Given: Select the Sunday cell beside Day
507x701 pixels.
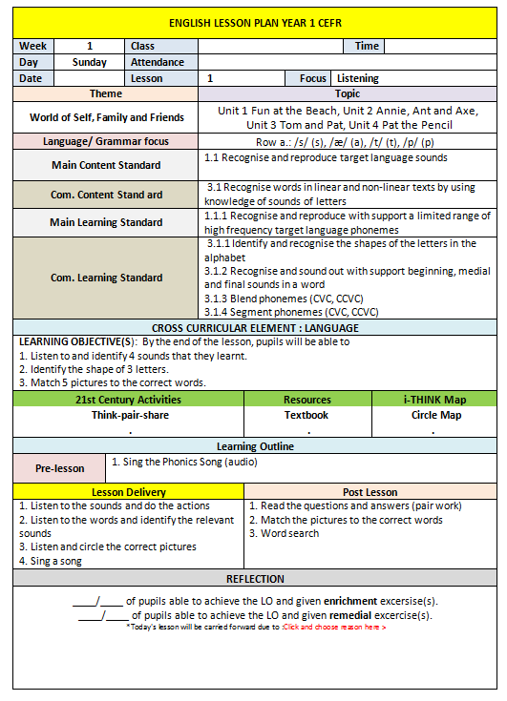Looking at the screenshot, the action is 90,62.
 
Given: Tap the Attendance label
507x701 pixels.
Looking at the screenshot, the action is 158,62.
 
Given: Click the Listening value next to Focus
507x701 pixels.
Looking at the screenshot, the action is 358,78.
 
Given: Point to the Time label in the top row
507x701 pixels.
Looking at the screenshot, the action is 368,46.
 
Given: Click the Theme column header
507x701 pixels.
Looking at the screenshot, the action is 105,94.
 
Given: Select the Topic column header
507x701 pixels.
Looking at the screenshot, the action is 348,94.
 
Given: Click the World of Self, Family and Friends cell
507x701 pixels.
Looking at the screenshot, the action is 106,117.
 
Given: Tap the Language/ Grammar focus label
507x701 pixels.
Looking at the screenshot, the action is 106,141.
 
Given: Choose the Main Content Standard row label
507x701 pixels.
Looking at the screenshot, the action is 106,165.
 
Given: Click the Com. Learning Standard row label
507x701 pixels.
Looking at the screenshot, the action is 106,278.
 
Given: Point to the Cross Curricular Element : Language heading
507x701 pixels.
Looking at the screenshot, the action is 254,328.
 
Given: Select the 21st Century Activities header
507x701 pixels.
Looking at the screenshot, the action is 128,400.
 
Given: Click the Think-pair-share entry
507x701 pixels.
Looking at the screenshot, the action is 128,415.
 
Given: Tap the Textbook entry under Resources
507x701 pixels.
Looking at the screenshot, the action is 306,415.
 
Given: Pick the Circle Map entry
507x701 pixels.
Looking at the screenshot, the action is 433,415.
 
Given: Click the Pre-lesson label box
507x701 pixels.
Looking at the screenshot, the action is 60,468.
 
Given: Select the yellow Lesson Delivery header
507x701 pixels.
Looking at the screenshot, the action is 128,491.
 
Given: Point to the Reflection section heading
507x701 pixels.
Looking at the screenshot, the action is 254,579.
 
